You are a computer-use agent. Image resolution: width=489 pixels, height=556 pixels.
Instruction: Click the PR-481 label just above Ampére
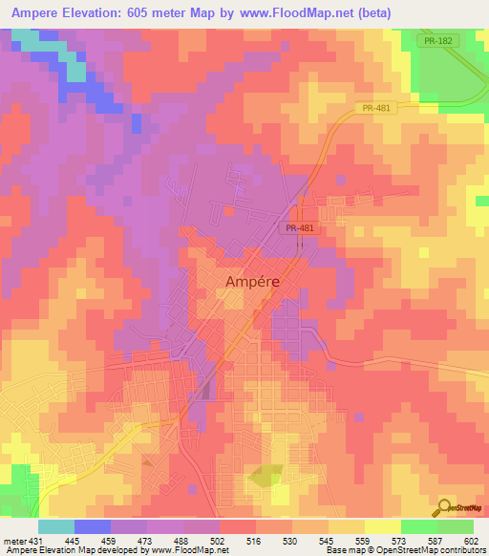click(298, 229)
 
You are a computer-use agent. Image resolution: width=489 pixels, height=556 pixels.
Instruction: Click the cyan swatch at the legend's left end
click(56, 526)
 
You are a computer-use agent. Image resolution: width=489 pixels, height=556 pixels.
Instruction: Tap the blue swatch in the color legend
click(92, 526)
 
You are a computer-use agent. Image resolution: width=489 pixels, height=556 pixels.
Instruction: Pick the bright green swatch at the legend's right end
click(456, 526)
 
